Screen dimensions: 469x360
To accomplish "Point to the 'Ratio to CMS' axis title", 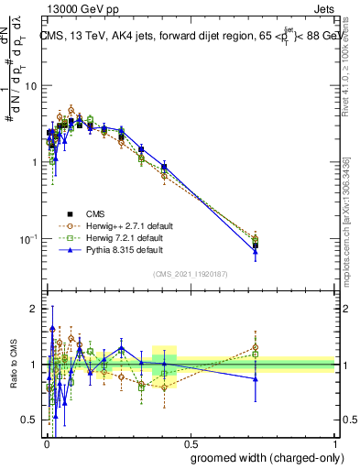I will point(12,365).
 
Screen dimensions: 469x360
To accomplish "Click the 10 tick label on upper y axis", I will point(30,85).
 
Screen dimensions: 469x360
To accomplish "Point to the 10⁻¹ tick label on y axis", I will point(27,238).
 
